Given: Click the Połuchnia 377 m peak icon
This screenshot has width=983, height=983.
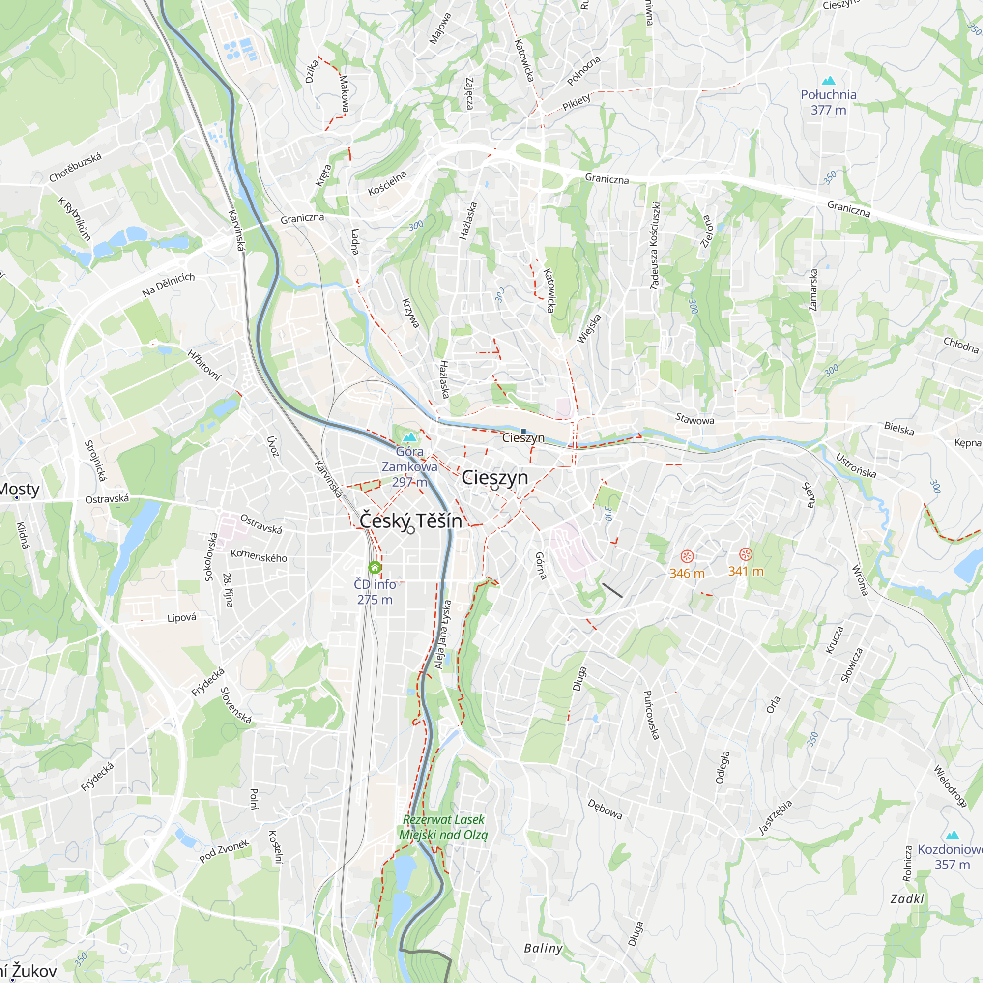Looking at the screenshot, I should click(828, 81).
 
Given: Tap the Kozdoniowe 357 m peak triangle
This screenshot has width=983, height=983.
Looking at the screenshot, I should click(953, 835).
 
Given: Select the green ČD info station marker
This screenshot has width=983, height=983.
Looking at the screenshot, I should click(375, 567).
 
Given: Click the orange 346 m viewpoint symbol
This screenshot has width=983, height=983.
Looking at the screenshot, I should click(687, 556).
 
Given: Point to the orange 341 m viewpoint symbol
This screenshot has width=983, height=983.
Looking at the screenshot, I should click(746, 554).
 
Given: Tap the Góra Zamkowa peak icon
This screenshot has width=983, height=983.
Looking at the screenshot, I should click(409, 437).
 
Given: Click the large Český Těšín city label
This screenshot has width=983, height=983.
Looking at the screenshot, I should click(410, 520).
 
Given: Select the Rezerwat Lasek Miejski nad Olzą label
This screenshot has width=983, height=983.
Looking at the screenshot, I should click(443, 827).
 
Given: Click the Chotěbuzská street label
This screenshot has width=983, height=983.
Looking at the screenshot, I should click(75, 168).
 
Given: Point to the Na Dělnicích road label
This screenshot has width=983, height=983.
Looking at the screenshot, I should click(169, 285).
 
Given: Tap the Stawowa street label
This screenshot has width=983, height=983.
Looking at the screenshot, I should click(694, 419).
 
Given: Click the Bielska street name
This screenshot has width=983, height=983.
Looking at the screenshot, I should click(899, 429).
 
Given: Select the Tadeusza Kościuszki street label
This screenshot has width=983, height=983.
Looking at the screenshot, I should click(655, 246).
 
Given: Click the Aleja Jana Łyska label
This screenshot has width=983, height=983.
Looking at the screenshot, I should click(443, 635).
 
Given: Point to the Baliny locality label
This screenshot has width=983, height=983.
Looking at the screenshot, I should click(544, 948).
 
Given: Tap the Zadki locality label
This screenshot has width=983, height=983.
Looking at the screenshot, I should click(907, 898).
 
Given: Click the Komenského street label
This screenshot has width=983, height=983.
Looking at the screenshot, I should click(259, 555).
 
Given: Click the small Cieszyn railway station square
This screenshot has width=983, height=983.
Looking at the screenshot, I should click(523, 431).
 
